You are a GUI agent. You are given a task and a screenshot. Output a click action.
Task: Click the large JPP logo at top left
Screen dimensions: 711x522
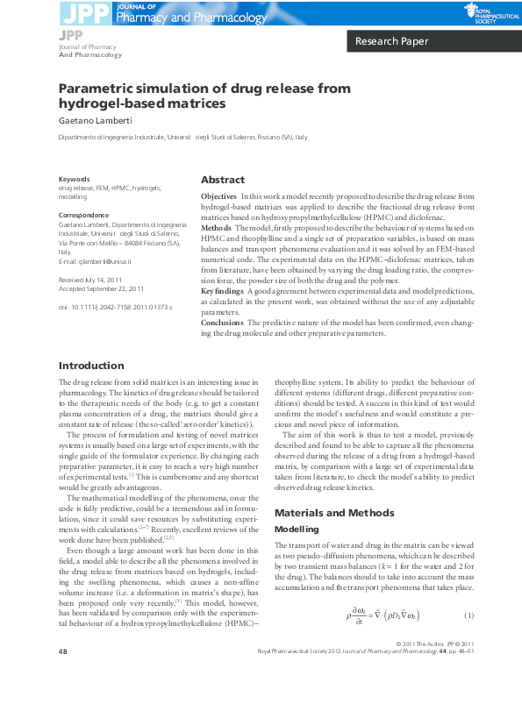pos(74,11)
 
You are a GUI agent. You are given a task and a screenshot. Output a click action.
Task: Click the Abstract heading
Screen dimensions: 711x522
pos(223,179)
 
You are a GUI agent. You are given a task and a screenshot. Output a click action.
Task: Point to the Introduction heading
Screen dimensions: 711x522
pos(90,366)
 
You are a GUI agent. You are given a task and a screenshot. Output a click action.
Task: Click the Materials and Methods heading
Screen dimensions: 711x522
pos(328,512)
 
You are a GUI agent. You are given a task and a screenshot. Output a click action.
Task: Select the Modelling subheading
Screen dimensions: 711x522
pos(297,530)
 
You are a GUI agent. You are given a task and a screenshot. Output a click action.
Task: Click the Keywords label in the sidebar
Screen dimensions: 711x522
pos(74,179)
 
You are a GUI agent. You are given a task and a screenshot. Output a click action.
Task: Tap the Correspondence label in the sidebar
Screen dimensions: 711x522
pos(83,215)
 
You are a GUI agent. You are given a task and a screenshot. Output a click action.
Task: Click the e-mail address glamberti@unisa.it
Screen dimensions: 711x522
pos(97,261)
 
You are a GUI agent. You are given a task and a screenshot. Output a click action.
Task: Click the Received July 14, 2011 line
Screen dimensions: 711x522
pos(90,279)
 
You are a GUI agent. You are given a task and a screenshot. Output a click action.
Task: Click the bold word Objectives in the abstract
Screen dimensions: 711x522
pos(218,196)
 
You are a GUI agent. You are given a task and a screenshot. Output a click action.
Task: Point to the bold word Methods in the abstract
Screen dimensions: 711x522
pos(215,228)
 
